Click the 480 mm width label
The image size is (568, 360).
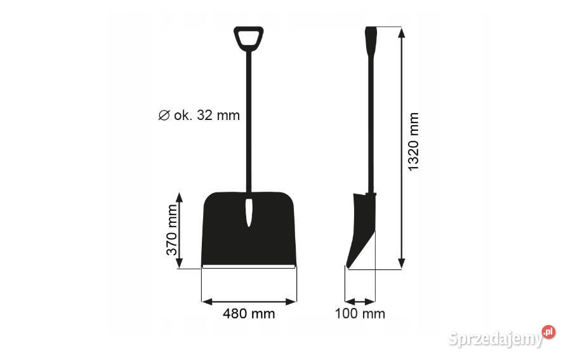249,314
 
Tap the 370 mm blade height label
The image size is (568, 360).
172,230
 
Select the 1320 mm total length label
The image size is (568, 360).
413,142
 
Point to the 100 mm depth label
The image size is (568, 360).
360,314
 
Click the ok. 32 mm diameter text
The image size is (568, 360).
207,116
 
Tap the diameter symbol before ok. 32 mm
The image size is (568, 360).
164,116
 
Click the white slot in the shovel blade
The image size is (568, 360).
249,213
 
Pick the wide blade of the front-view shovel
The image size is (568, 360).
249,229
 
